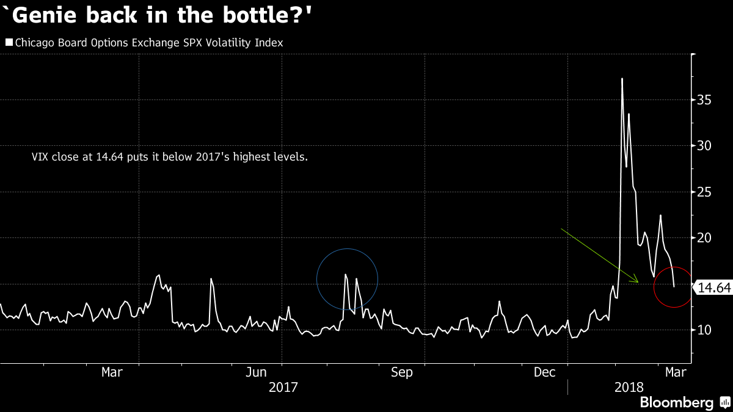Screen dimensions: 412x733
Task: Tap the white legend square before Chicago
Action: click(9, 43)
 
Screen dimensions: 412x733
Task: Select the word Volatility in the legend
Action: click(224, 43)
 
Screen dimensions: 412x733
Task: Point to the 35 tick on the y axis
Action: click(705, 99)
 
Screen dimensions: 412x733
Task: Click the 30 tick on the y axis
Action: click(705, 146)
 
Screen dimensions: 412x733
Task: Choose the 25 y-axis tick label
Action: click(705, 192)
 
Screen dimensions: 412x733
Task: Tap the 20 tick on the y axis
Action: click(705, 238)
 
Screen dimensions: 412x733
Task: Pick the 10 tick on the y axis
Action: click(705, 330)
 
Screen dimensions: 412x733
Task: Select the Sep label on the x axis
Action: click(402, 372)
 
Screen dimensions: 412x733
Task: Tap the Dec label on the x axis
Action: click(545, 372)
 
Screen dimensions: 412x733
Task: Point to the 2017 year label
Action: click(282, 387)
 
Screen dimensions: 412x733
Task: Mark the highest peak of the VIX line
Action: click(622, 79)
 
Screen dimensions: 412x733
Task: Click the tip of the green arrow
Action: click(638, 283)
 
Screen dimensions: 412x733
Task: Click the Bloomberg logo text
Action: click(676, 403)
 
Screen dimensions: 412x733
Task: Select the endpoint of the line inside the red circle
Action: click(674, 287)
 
